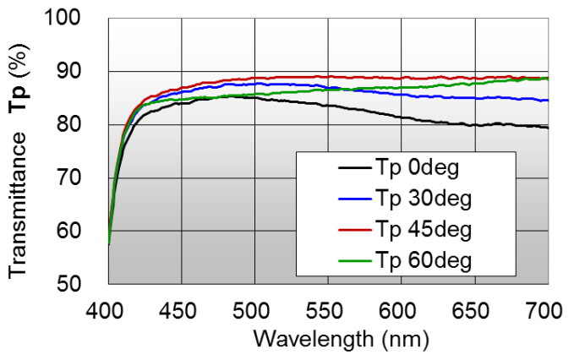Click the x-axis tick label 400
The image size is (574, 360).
[109, 311]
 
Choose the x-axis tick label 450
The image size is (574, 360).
[182, 311]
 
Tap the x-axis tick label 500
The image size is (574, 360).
[255, 311]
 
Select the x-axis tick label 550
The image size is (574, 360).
[328, 311]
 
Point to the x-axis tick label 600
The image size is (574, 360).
[401, 311]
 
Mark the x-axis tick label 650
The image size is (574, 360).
[474, 311]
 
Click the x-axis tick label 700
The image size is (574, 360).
[547, 311]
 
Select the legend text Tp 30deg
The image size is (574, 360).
[424, 199]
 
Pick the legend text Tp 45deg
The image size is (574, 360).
[424, 230]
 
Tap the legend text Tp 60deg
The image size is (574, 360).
[424, 260]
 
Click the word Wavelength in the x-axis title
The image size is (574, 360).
[300, 341]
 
